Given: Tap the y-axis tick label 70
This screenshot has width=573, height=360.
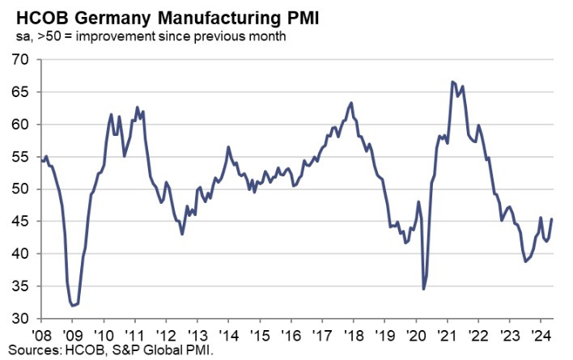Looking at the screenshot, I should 19,60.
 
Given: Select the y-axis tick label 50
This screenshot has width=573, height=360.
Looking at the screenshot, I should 19,189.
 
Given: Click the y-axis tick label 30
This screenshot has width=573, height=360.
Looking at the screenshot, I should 19,319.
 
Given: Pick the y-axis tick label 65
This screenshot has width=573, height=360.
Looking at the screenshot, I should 19,92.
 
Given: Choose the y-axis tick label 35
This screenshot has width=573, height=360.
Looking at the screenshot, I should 19,286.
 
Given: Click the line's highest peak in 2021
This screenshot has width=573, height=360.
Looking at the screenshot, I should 452,82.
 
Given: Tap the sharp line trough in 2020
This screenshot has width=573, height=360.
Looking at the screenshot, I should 423,289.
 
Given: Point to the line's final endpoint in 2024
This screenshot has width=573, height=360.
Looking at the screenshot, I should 552,219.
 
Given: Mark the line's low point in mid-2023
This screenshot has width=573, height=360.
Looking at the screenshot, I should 526,261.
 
